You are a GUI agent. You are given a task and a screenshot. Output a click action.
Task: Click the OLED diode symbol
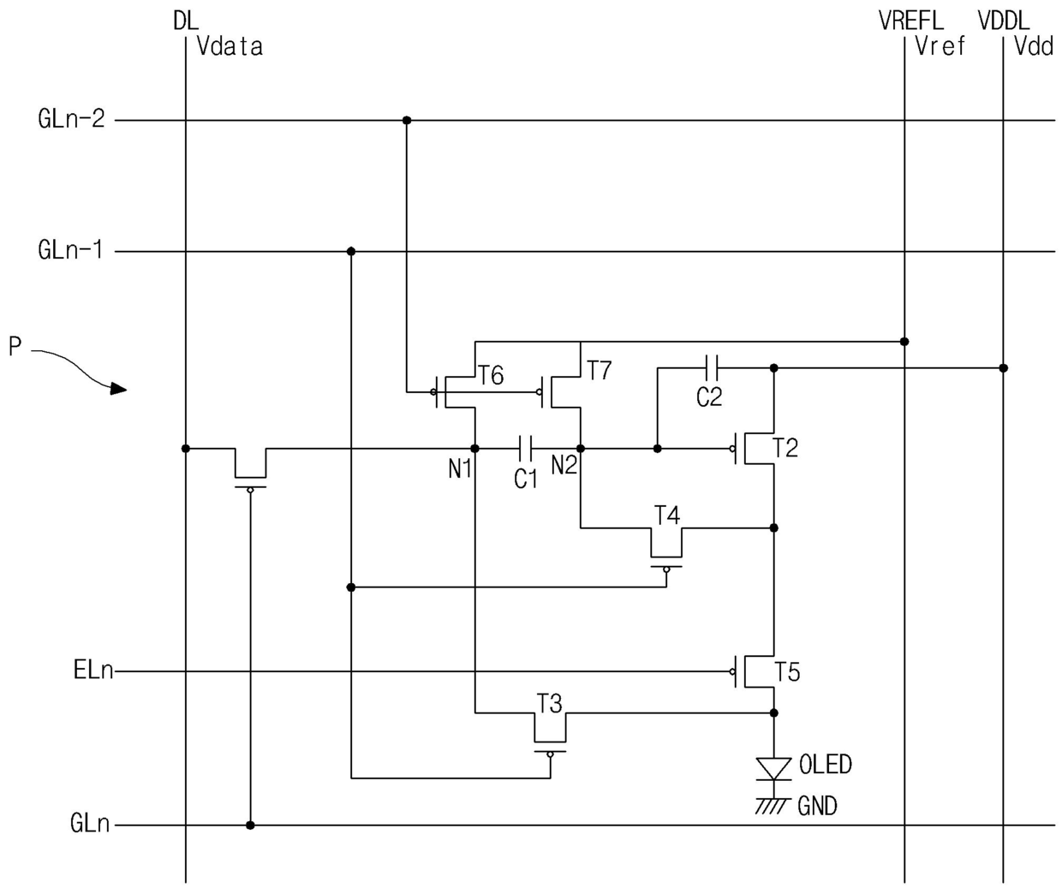773,768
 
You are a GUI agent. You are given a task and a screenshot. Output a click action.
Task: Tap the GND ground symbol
773,806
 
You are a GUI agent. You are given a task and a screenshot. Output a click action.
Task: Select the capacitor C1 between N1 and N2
525,449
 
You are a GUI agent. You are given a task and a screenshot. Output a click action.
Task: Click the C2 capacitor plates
711,367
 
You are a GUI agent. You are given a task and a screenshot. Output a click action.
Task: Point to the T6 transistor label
491,376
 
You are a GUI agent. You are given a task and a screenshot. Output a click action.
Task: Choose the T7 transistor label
600,370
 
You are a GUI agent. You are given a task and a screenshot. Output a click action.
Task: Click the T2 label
785,448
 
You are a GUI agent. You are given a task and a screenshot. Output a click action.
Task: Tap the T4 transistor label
667,516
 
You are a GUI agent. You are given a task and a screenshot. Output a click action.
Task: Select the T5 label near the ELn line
787,671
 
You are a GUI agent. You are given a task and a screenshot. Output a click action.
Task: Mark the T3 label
550,704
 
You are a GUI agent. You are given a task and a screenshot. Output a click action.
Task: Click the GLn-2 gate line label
71,118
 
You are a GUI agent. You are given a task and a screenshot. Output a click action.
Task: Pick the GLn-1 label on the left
70,250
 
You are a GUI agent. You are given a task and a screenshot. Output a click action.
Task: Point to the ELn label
93,670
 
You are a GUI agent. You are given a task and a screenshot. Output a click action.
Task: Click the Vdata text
230,46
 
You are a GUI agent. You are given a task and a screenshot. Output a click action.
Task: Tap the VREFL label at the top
911,21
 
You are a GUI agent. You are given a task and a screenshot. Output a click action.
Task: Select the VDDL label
1004,21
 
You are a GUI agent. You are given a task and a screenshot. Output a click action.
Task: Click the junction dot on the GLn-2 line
407,121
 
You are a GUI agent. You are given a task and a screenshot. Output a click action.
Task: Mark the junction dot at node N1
474,449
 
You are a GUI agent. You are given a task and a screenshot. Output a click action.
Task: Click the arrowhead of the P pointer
119,390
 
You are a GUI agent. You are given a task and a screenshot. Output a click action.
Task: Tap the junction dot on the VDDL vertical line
1003,367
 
